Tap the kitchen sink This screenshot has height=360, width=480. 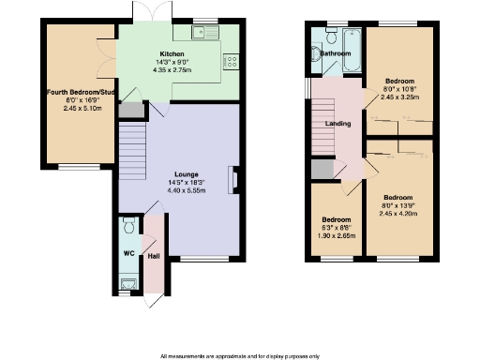202,34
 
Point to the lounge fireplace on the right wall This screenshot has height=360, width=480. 235,180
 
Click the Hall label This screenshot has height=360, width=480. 153,255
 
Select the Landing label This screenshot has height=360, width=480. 337,123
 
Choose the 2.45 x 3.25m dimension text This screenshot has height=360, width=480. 399,97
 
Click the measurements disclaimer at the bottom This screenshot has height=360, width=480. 240,355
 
